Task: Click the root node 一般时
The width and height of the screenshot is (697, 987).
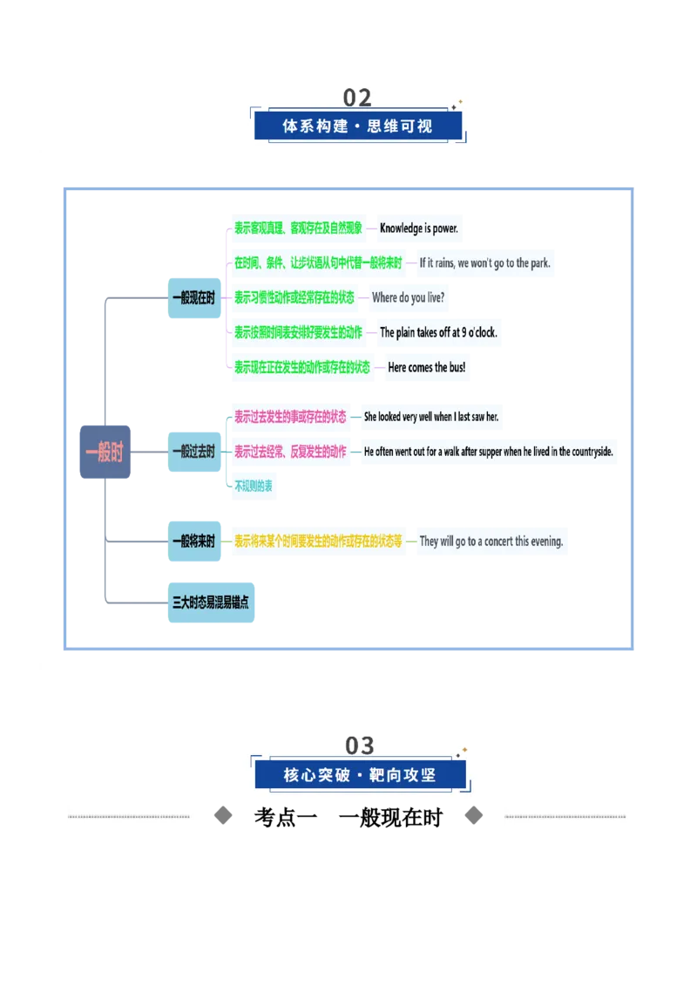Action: point(105,452)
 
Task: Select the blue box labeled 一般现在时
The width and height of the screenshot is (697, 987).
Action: point(194,297)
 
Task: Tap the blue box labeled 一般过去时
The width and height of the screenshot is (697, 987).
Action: point(194,452)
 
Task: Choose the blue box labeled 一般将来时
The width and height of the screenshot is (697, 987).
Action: point(194,541)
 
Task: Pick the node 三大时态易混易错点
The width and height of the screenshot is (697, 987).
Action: point(212,602)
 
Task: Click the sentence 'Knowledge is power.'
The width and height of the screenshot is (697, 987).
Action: point(419,228)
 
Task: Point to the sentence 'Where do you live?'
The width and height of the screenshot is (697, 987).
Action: point(409,297)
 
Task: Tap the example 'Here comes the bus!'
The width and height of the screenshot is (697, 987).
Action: point(427,367)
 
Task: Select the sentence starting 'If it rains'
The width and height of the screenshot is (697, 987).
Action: point(485,263)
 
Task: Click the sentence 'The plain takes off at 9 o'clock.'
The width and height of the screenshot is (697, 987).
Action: point(438,332)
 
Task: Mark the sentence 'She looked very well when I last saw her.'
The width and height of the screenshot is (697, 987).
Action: point(431,417)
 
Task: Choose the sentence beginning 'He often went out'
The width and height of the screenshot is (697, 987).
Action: point(488,452)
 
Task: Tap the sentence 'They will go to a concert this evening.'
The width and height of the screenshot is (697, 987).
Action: point(491,541)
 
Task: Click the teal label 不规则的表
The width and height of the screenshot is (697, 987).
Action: point(254,486)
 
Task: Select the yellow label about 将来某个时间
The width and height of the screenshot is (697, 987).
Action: point(318,541)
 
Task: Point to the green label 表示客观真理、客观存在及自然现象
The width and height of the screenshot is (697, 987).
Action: point(298,228)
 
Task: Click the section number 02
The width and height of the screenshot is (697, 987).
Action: point(357,98)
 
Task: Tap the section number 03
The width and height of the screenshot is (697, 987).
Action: point(360,745)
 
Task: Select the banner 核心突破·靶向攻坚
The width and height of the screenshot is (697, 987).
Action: point(361,775)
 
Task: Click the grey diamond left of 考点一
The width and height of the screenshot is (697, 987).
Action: point(223,816)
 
